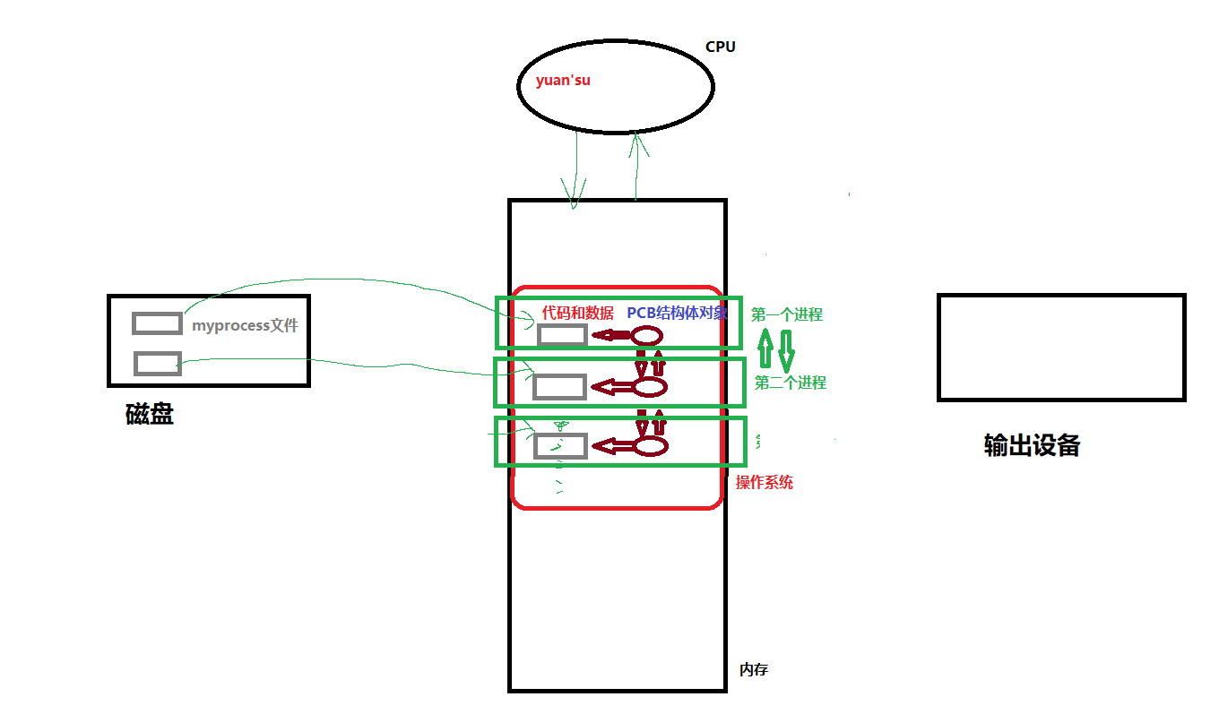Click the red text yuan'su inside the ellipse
point(563,81)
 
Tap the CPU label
point(720,47)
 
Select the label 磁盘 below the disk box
point(150,414)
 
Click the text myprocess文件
point(244,325)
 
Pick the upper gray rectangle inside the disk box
point(157,323)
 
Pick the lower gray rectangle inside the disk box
point(158,363)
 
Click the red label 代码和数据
point(577,313)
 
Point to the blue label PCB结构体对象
point(677,313)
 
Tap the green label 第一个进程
point(786,314)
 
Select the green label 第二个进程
point(790,383)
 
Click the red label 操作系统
point(764,482)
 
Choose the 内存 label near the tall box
point(753,669)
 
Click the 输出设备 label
point(1031,445)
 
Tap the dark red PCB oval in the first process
point(647,336)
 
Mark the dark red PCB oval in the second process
point(651,387)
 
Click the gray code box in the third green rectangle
point(560,445)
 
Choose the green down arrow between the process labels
point(785,350)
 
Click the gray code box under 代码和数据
point(562,335)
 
